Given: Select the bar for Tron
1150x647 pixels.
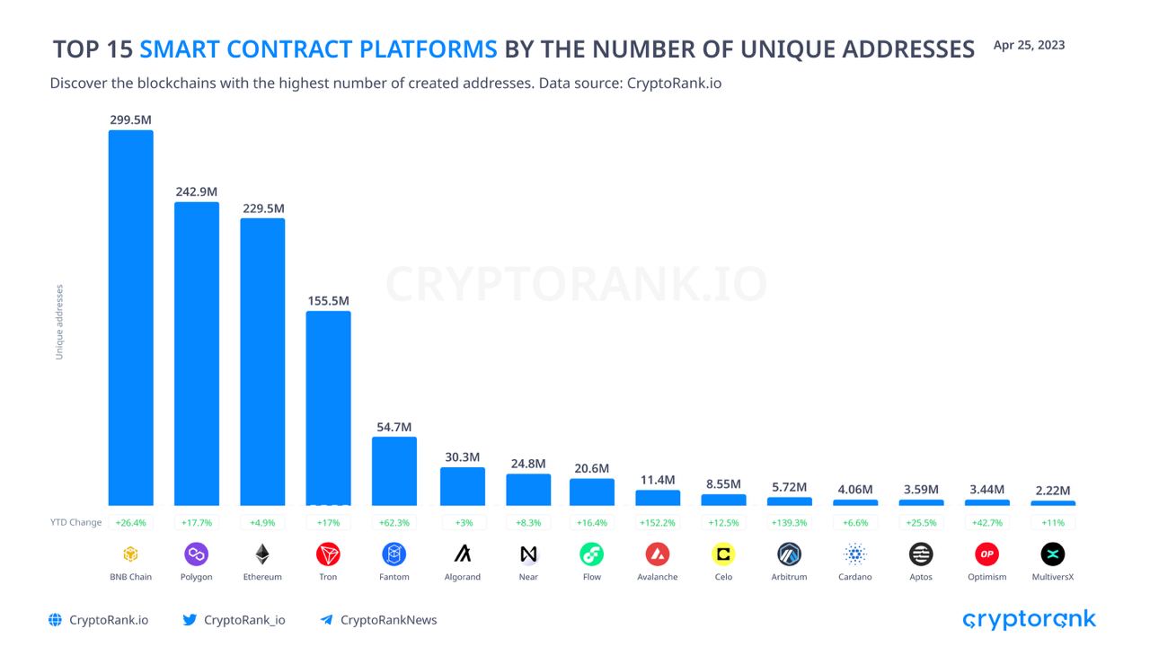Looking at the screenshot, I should [x=329, y=408].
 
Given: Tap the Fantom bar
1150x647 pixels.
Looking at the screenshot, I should [x=394, y=471].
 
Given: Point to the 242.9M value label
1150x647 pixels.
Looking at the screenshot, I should [x=197, y=191].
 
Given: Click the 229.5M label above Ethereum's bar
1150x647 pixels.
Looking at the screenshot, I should [x=262, y=208].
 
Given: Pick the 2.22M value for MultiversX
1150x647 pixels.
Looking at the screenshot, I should [x=1052, y=490].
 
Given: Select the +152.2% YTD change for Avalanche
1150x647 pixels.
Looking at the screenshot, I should [x=658, y=522].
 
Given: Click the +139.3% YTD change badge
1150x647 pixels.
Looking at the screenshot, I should [x=789, y=522].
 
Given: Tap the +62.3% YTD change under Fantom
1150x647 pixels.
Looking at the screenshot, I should [x=394, y=522].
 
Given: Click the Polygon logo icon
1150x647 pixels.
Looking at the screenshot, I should [x=197, y=554].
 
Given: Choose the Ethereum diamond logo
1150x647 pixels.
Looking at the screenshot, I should [x=262, y=554].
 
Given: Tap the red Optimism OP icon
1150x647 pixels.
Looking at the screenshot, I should [x=986, y=554].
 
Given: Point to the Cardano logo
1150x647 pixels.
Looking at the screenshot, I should [x=854, y=554].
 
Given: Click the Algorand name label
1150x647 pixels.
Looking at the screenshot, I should [x=462, y=577].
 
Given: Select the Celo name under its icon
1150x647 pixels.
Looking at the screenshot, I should [x=723, y=577].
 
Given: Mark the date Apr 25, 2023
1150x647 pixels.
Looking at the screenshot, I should [x=1029, y=45].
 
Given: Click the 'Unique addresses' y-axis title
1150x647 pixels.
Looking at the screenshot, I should [x=59, y=322].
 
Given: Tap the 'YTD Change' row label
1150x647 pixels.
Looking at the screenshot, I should [x=75, y=522].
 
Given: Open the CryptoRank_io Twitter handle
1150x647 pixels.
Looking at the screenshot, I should [x=243, y=619].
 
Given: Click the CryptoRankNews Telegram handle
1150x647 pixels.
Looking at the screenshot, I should [x=388, y=619].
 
